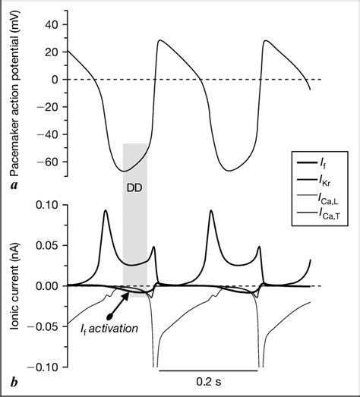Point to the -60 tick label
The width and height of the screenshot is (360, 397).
[x=47, y=162]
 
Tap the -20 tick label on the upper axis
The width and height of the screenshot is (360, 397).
[x=47, y=107]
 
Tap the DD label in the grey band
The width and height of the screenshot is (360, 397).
[x=134, y=182]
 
